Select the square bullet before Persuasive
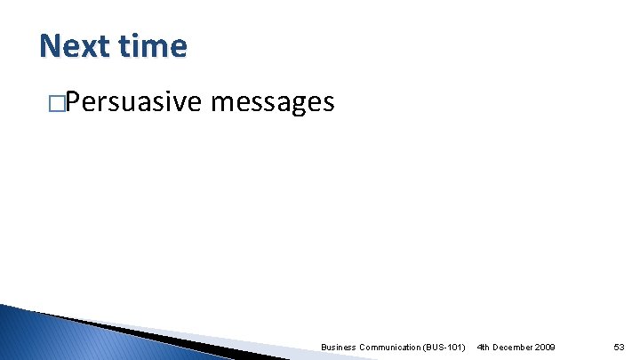pyautogui.click(x=58, y=104)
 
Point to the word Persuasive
pyautogui.click(x=133, y=103)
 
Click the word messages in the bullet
pyautogui.click(x=273, y=104)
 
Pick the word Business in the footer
pyautogui.click(x=339, y=347)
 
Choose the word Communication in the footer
pyautogui.click(x=388, y=347)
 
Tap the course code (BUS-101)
pyautogui.click(x=443, y=347)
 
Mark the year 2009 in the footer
pyautogui.click(x=545, y=347)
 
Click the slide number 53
pyautogui.click(x=620, y=347)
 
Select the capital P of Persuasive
pyautogui.click(x=73, y=103)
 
